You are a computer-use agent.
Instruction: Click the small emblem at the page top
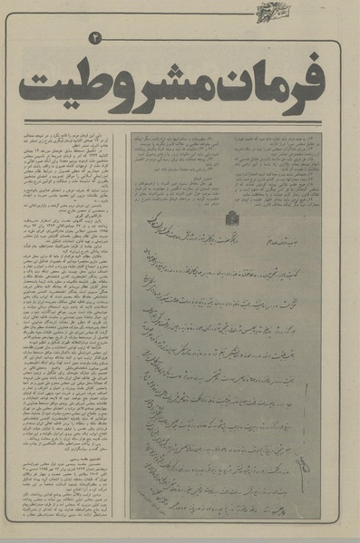coord(270,12)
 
